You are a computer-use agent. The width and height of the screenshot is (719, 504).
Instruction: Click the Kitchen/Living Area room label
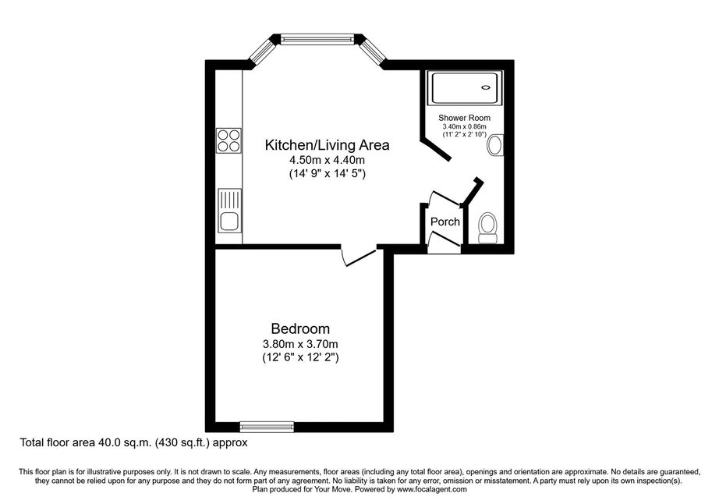[327, 145]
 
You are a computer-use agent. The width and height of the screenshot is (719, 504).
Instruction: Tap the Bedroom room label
[300, 328]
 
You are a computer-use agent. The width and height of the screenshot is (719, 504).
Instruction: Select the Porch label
[445, 222]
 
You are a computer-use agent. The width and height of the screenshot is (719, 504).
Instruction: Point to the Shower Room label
[464, 118]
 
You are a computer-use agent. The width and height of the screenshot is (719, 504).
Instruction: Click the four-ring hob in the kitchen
[228, 140]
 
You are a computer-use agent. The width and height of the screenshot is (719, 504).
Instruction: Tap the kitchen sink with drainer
[229, 211]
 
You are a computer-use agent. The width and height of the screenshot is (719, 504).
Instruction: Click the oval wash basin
[494, 145]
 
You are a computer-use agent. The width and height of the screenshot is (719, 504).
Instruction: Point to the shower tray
[465, 87]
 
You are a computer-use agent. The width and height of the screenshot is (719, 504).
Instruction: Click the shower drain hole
[486, 87]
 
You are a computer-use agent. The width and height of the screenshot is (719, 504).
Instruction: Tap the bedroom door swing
[358, 257]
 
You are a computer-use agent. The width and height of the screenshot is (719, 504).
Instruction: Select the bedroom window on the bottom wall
[267, 427]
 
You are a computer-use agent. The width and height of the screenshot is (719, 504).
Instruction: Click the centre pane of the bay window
[317, 39]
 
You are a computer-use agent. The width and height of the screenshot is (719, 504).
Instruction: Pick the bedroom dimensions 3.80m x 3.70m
[300, 343]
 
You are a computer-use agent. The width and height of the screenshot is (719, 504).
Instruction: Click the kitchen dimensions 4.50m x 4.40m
[327, 160]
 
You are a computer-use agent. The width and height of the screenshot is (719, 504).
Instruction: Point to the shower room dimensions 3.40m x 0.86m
[464, 126]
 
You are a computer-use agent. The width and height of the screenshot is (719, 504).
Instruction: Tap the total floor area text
[133, 442]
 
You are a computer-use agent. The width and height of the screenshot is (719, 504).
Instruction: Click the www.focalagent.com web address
[432, 489]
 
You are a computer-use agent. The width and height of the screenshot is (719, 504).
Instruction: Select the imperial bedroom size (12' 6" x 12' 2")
[300, 357]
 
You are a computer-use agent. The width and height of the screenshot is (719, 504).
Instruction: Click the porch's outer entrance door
[444, 242]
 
